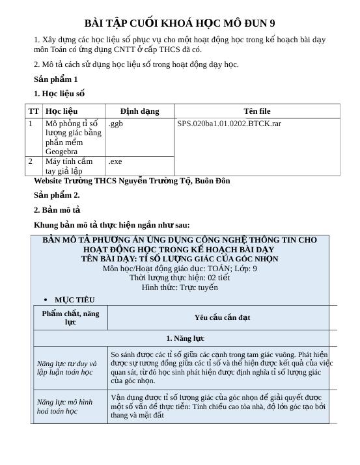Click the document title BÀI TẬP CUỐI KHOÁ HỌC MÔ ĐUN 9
point(180,23)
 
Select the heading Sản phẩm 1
point(56,79)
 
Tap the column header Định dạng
point(139,111)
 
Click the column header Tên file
point(256,111)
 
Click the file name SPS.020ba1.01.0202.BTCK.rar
point(229,124)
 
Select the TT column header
point(34,111)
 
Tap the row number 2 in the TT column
point(30,161)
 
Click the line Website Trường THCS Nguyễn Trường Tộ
point(132,181)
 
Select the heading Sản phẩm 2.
point(57,194)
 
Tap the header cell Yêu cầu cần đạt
point(222,317)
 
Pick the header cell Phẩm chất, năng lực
point(71,317)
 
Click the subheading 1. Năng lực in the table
point(186,338)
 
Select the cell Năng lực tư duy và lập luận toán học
point(66,368)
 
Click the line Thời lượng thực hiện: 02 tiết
point(180,278)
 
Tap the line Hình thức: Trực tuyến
point(180,287)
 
